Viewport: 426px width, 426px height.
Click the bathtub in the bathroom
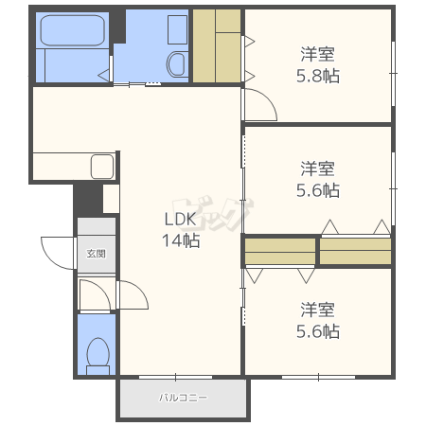pos(73,30)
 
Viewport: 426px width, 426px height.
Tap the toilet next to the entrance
pos(98,356)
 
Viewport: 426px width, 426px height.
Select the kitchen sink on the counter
pos(102,167)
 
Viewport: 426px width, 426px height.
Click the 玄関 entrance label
pos(96,254)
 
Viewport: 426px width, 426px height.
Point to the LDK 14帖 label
pos(181,230)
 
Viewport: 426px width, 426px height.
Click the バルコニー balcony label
pos(183,398)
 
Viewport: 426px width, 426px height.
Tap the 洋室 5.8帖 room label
pos(318,65)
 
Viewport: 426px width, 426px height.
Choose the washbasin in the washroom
pos(176,64)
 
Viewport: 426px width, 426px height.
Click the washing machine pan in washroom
pos(177,29)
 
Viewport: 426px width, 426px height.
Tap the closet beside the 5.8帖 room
pos(217,45)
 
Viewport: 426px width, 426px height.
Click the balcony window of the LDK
pos(175,377)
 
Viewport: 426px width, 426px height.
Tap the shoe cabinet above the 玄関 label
pos(97,225)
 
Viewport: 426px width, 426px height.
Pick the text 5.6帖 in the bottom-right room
pos(318,331)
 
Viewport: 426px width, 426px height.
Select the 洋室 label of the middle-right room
pos(317,169)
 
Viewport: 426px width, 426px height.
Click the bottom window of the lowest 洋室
pos(318,377)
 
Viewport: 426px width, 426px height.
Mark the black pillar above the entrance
pos(88,199)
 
